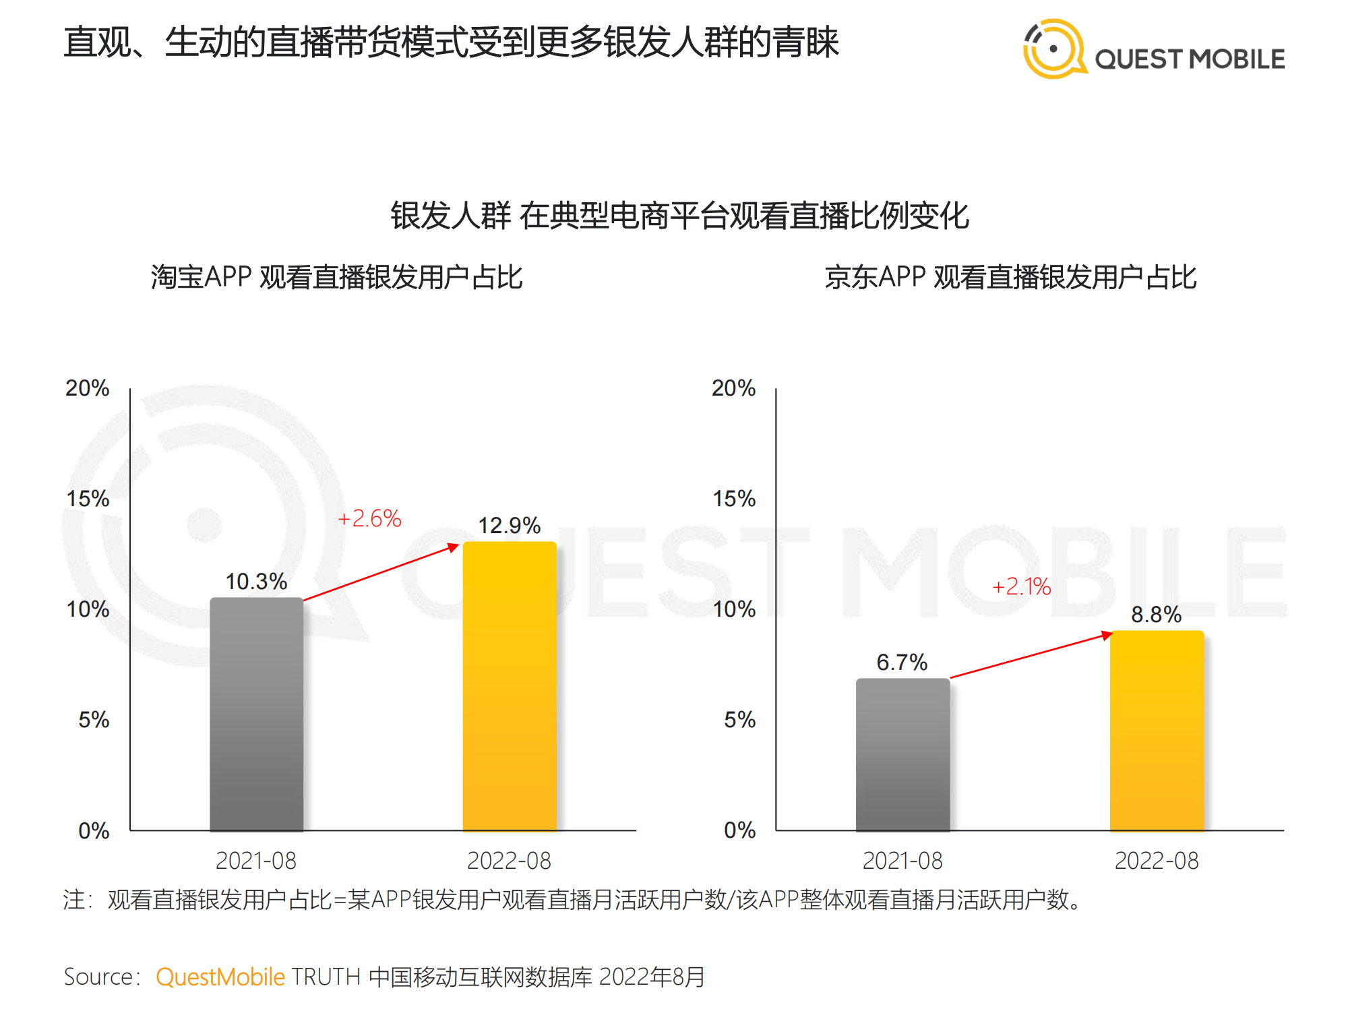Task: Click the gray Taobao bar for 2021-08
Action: pyautogui.click(x=256, y=714)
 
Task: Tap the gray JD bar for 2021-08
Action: pyautogui.click(x=902, y=755)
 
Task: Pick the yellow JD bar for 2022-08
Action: pyautogui.click(x=1157, y=731)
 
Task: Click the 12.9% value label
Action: pyautogui.click(x=510, y=526)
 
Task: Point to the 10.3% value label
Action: pyautogui.click(x=256, y=582)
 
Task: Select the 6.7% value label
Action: pyautogui.click(x=902, y=663)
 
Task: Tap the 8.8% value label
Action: pyautogui.click(x=1156, y=615)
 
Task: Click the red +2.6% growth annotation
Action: pyautogui.click(x=369, y=518)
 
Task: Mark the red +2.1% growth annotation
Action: pyautogui.click(x=1022, y=586)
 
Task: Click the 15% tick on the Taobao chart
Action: pyautogui.click(x=88, y=499)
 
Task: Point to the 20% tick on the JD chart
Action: pyautogui.click(x=734, y=388)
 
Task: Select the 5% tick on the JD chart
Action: pyautogui.click(x=739, y=720)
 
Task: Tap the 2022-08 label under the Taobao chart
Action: pyautogui.click(x=509, y=861)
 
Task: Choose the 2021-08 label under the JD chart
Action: pyautogui.click(x=902, y=861)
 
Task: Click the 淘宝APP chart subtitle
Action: pyautogui.click(x=336, y=277)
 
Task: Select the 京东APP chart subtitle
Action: pyautogui.click(x=1010, y=277)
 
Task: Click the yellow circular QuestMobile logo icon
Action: pyautogui.click(x=1053, y=49)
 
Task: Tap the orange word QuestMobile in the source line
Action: pyautogui.click(x=220, y=977)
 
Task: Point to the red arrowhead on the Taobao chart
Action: pyautogui.click(x=454, y=547)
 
